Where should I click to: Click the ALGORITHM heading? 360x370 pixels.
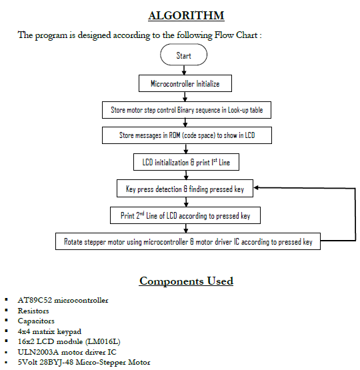coord(185,15)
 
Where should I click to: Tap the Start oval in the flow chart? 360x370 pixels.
coord(183,56)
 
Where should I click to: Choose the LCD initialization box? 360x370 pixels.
coord(185,162)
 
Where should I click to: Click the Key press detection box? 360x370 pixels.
coord(185,189)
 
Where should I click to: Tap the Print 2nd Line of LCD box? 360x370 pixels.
coord(185,215)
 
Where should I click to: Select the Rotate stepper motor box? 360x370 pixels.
coord(187,241)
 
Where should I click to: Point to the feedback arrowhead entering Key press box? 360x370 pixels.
coord(258,189)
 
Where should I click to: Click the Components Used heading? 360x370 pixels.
coord(186,281)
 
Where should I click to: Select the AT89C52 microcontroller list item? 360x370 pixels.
coord(63,300)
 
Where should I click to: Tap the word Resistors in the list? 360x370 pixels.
coord(34,311)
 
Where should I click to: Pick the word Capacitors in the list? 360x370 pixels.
coord(36,321)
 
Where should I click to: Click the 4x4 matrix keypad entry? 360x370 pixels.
coord(50,331)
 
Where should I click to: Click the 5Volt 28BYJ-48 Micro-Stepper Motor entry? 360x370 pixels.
coord(84,363)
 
